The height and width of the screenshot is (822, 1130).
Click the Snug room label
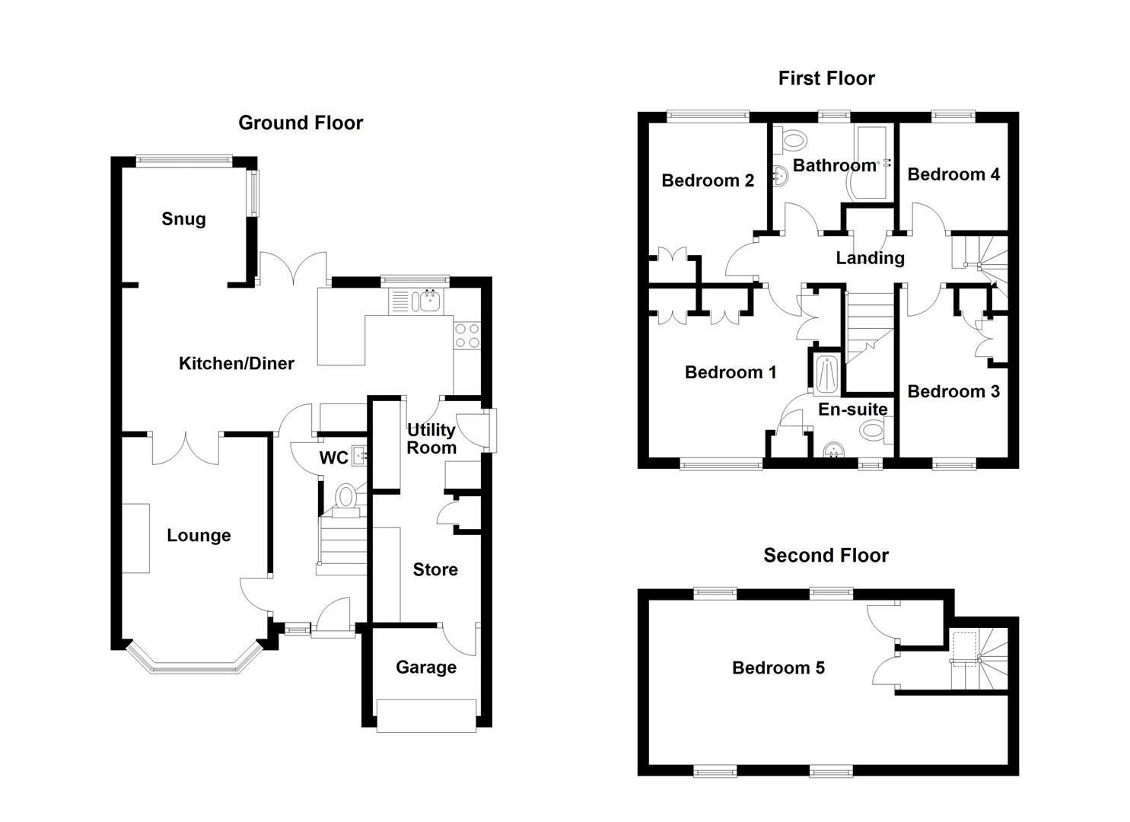[x=183, y=219]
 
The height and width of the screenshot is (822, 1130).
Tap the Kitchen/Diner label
[x=236, y=364]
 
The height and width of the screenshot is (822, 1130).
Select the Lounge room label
[x=199, y=536]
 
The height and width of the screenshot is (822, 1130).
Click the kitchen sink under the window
[x=427, y=302]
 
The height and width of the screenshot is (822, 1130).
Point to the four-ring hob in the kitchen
[x=466, y=336]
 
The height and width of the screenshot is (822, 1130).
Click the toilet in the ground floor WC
[x=345, y=497]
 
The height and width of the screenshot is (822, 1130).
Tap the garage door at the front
[x=426, y=716]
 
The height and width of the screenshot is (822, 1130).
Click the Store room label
[x=435, y=570]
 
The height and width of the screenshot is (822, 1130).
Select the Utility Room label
[x=431, y=438]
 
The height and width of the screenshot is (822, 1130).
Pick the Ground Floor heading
[x=301, y=123]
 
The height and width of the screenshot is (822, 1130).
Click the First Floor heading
[x=826, y=78]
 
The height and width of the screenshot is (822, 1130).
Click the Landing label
[x=870, y=258]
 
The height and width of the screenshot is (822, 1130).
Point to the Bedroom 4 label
[x=953, y=174]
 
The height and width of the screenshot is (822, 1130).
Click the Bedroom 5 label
[x=778, y=668]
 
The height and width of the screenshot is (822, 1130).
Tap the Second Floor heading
[x=826, y=556]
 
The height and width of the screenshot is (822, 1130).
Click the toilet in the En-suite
[x=874, y=431]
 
